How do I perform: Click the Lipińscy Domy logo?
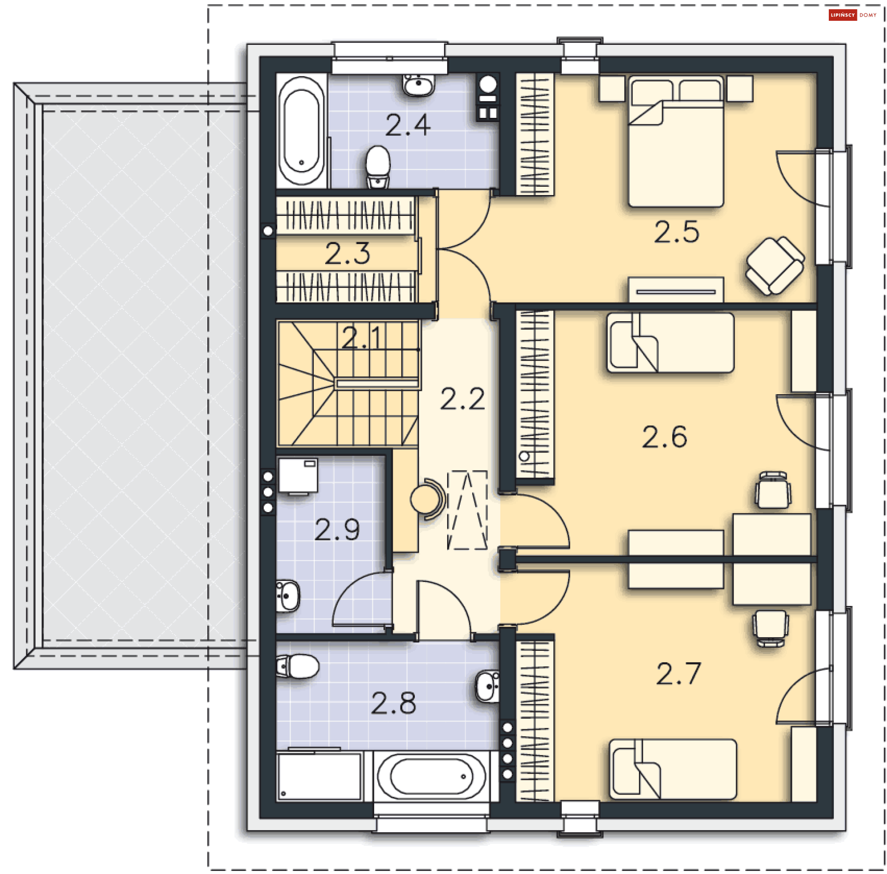tap(852, 15)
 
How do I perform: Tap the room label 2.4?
tap(408, 125)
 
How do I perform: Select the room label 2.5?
tap(676, 232)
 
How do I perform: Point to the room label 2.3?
tap(347, 253)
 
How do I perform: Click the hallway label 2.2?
tap(462, 398)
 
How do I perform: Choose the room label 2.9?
tap(337, 530)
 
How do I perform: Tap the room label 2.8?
tap(394, 703)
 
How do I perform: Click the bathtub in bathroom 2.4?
tap(302, 130)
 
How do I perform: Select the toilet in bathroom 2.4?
tap(378, 167)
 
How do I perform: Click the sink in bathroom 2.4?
tap(419, 85)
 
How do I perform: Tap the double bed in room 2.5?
tap(676, 141)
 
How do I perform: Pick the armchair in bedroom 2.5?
tap(775, 265)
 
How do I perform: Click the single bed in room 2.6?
tap(670, 342)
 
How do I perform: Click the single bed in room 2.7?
tap(673, 769)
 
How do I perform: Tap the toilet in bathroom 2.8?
tap(298, 666)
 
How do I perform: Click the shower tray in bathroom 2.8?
tap(319, 776)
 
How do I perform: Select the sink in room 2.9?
tap(287, 596)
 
